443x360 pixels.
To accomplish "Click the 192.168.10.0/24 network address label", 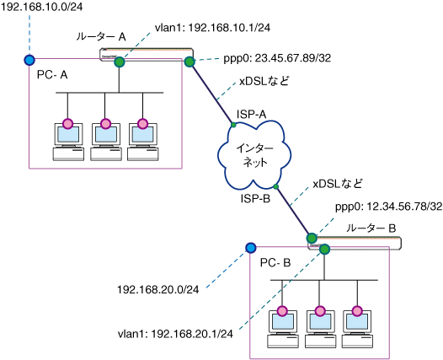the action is pos(42,7).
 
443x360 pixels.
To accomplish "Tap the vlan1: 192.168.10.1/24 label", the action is pos(212,28).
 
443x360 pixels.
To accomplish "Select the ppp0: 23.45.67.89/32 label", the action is pos(277,58).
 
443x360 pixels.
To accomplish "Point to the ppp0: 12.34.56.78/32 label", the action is pos(389,207).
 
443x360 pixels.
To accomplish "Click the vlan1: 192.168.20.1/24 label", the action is pos(175,334).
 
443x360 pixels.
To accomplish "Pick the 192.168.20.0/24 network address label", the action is pos(158,289).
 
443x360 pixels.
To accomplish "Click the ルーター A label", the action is pos(101,36).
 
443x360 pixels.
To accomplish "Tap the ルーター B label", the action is pos(371,228).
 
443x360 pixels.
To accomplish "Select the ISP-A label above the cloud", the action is pos(252,115).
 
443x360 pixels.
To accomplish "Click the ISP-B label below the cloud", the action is pos(255,199).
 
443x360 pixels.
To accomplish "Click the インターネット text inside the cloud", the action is pos(255,155).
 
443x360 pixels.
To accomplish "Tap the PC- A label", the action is pos(52,75).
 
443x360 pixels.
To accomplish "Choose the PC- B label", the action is pos(275,263).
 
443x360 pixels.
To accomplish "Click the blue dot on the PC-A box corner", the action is pos(29,60).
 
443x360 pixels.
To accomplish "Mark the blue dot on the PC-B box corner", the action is pos(250,248).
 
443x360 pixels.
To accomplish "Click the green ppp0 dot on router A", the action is pos(189,62).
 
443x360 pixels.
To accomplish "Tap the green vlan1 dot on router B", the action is pos(324,250).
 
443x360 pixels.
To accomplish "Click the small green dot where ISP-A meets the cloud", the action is pos(233,125).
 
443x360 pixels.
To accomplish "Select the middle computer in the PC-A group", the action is pos(105,142).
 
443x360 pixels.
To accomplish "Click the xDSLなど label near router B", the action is pos(338,184).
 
